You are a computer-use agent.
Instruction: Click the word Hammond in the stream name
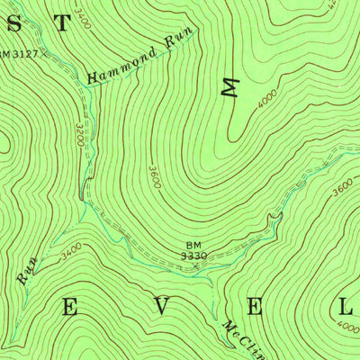(120, 67)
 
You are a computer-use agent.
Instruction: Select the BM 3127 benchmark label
(18, 54)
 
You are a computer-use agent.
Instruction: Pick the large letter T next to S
(61, 23)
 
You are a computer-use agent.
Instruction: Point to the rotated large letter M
(232, 88)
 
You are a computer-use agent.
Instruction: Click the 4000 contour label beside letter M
(265, 97)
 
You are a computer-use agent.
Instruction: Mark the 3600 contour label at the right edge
(342, 189)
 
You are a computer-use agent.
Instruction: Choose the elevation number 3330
(195, 256)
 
